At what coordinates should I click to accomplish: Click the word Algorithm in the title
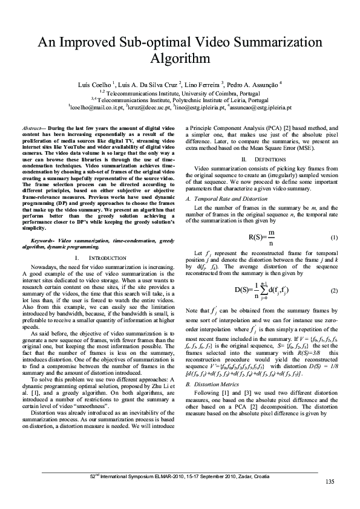click(180, 59)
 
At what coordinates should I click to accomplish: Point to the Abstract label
click(32, 129)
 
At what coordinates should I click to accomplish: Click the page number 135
click(329, 481)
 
